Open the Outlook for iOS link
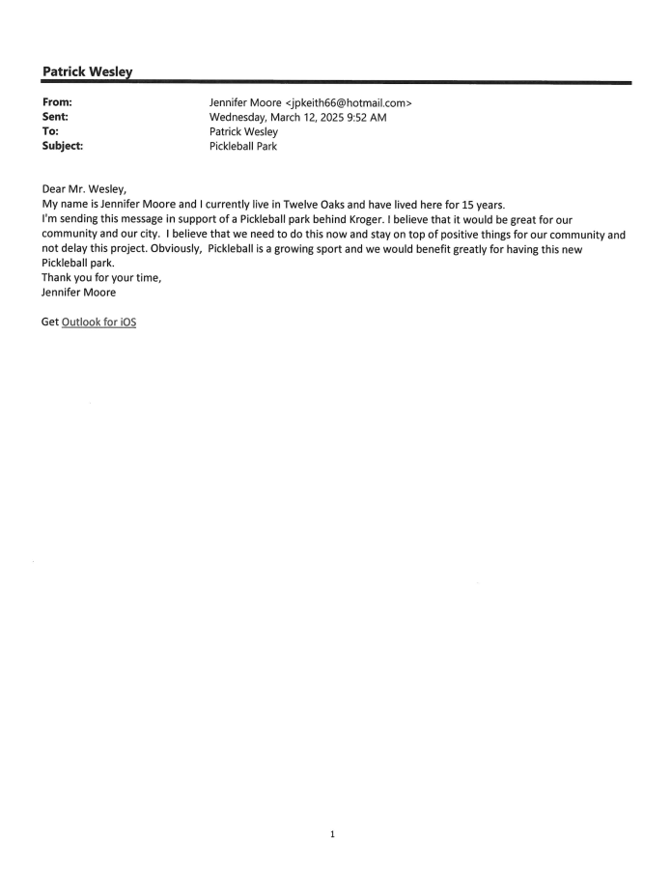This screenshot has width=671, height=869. [x=98, y=322]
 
